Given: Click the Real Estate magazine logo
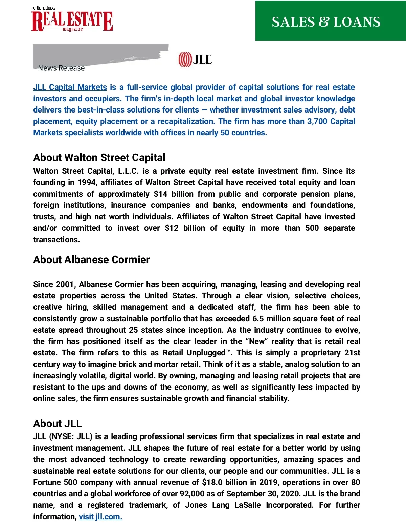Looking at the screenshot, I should [72, 20].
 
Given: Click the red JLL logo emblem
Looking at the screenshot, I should [185, 59].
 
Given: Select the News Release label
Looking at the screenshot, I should [61, 68].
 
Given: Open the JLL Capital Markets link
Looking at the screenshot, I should [70, 87].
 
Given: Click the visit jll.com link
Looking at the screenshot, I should [100, 517].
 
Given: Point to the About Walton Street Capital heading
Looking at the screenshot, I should [99, 157].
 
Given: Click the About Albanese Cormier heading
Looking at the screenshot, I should [91, 259].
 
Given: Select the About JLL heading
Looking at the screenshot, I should [58, 423].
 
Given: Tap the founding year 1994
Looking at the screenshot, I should [87, 182].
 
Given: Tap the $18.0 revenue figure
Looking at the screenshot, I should [212, 482].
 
